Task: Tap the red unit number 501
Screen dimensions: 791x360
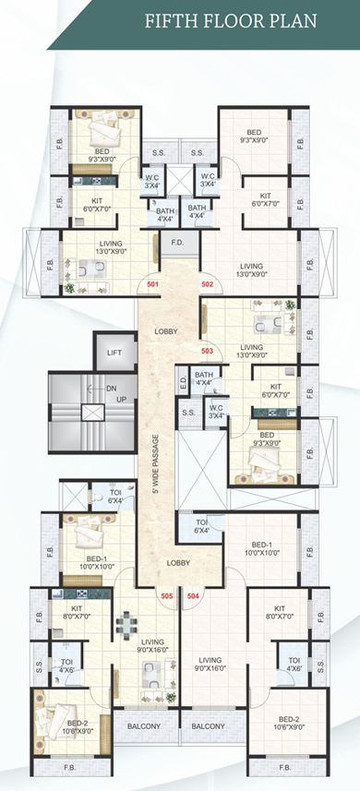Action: (x=152, y=285)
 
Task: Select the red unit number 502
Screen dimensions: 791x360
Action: (x=208, y=285)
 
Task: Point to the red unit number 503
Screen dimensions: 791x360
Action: (x=208, y=351)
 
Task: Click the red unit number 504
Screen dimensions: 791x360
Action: (x=193, y=596)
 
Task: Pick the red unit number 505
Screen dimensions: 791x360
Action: (x=166, y=596)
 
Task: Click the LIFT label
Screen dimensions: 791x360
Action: (x=114, y=353)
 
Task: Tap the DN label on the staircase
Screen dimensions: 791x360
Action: (x=112, y=390)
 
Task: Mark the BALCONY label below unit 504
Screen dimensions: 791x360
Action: (x=209, y=726)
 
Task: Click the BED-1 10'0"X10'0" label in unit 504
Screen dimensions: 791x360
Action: (x=261, y=549)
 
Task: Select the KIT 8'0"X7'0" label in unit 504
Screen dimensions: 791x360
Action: (x=279, y=614)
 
